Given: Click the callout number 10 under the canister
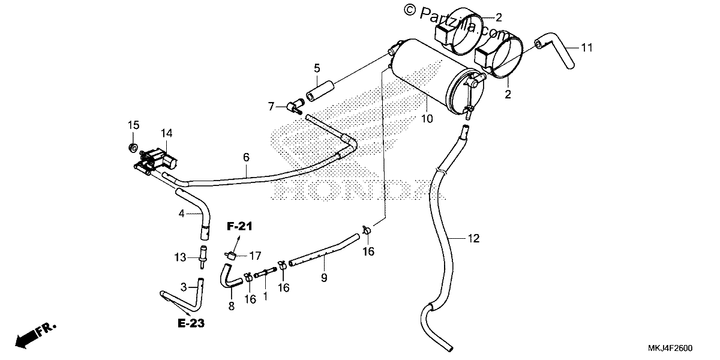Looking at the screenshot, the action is [x=427, y=119].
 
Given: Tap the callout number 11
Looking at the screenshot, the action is [x=587, y=48].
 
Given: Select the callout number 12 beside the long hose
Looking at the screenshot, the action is [x=473, y=239].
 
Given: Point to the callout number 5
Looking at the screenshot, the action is [x=317, y=68].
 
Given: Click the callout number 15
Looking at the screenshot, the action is [x=134, y=125].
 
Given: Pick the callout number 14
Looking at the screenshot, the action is [x=167, y=133].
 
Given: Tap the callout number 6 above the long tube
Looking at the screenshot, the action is [x=246, y=157].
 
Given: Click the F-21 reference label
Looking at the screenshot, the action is [x=239, y=226].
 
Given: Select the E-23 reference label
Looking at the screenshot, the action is [x=191, y=323].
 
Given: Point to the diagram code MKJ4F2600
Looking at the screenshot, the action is [x=670, y=349].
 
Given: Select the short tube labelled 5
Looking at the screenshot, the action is [x=320, y=92].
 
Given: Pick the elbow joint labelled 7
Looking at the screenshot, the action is [x=296, y=106].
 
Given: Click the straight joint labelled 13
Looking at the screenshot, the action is [x=203, y=257].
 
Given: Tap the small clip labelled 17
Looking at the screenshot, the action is [x=230, y=255].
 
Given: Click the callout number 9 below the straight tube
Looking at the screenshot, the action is [x=324, y=278].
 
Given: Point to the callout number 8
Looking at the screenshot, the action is [x=232, y=307].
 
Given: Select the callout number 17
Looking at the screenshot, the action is [x=255, y=256].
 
